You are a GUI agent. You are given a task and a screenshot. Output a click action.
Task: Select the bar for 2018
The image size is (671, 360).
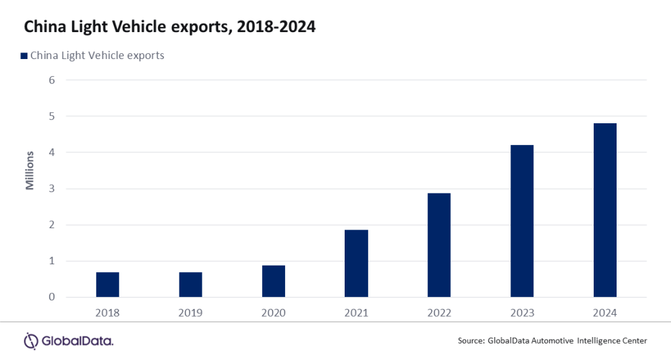[x=107, y=285]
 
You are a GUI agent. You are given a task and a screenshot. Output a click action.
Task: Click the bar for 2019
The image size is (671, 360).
[x=191, y=285]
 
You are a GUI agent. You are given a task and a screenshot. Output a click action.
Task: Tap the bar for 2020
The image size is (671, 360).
[x=273, y=281]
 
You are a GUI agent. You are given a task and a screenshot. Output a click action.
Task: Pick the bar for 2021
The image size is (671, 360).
[x=356, y=264]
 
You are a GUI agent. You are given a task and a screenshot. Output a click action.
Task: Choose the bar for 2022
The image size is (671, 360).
[x=439, y=245]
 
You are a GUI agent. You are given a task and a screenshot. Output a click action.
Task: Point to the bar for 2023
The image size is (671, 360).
[x=522, y=221]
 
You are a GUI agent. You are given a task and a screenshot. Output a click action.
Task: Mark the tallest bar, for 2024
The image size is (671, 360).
[x=605, y=210]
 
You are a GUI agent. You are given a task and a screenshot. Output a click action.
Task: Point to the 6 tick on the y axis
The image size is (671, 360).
[x=52, y=80]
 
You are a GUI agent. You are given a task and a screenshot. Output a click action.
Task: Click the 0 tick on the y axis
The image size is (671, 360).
[x=52, y=297]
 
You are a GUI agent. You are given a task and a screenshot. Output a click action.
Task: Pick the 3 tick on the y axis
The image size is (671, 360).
[x=52, y=189]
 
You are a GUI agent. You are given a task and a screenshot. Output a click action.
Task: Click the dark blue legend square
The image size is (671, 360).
[x=24, y=56]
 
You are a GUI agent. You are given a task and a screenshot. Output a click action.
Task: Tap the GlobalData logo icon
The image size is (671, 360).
[x=31, y=340]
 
